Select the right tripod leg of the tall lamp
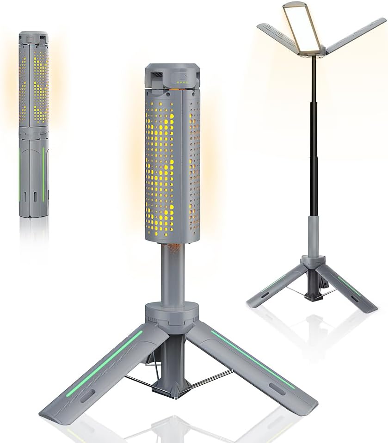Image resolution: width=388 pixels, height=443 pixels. click(x=351, y=289)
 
